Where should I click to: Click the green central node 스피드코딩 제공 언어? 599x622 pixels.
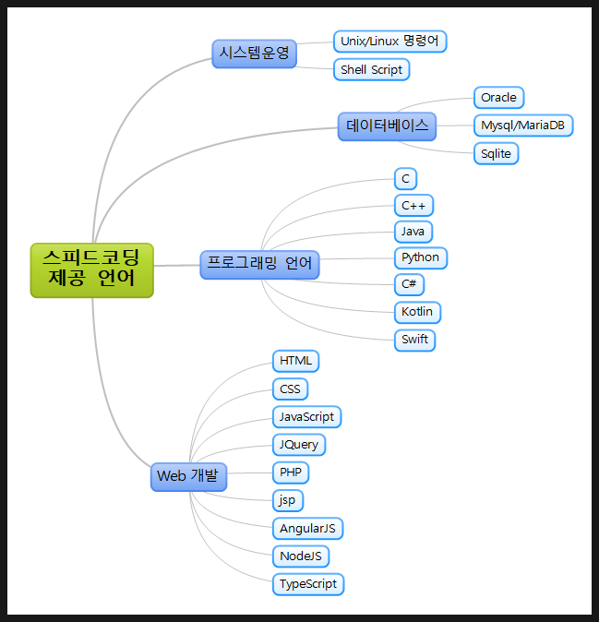pos(91,270)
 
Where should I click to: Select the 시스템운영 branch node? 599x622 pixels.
pos(254,54)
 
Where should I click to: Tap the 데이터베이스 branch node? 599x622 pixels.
pos(387,126)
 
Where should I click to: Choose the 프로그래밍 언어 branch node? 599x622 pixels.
pos(259,264)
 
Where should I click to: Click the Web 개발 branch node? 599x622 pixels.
pos(188,476)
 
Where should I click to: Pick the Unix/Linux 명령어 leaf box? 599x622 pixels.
pos(389,42)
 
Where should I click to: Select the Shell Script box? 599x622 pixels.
pos(371,69)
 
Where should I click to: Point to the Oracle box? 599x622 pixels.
pos(498,97)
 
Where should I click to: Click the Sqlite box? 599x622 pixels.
pos(496,153)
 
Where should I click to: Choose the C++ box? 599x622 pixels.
pos(413,205)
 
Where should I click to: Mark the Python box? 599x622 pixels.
pos(420,257)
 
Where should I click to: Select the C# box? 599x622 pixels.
pos(409,284)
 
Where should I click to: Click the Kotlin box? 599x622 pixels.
pos(417,312)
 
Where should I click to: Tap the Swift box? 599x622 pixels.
pos(414,339)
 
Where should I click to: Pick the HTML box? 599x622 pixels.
pos(295,360)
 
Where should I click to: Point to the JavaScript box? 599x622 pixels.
pos(306,416)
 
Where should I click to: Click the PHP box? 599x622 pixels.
pos(290,472)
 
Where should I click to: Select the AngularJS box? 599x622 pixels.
pos(307,529)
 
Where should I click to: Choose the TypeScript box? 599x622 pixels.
pos(308,584)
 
